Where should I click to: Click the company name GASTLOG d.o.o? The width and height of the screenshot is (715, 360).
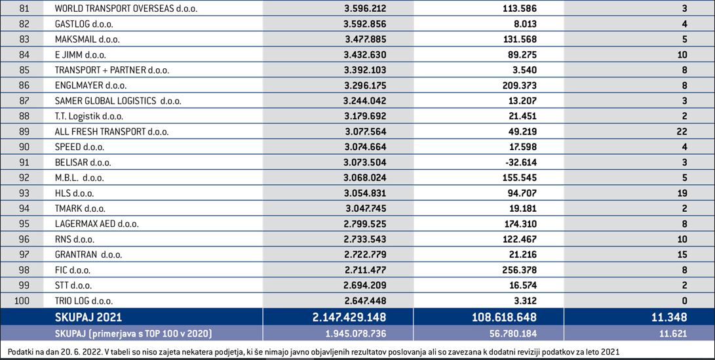pyautogui.click(x=84, y=24)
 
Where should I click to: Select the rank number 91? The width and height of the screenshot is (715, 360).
pyautogui.click(x=24, y=163)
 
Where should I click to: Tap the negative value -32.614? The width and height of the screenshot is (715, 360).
pyautogui.click(x=519, y=163)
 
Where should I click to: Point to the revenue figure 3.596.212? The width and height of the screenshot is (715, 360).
pyautogui.click(x=366, y=9)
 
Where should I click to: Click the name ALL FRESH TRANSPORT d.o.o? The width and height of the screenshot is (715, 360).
pyautogui.click(x=111, y=132)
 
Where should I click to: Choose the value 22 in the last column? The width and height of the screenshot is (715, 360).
pyautogui.click(x=682, y=132)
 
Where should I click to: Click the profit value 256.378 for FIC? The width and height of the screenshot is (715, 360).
pyautogui.click(x=519, y=270)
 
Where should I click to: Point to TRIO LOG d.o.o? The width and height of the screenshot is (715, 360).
pyautogui.click(x=84, y=301)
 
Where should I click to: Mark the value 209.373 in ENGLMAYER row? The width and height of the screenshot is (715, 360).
pyautogui.click(x=519, y=85)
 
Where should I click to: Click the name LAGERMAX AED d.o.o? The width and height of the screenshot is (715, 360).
pyautogui.click(x=97, y=224)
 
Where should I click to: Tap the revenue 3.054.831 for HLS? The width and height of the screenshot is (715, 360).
pyautogui.click(x=366, y=193)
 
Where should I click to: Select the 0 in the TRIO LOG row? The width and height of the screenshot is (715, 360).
pyautogui.click(x=684, y=301)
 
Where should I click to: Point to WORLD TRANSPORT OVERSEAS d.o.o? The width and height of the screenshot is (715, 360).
pyautogui.click(x=126, y=9)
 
